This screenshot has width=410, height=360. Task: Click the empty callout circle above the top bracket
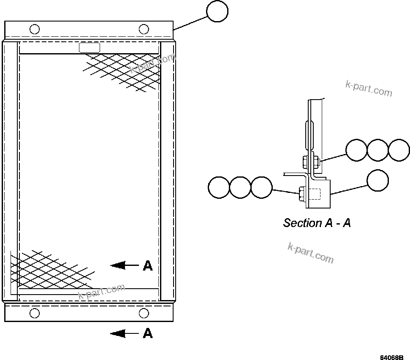217,11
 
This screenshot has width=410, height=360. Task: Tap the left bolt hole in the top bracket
35,29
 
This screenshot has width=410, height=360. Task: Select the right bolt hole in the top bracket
144,29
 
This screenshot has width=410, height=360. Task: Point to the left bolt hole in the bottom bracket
35,313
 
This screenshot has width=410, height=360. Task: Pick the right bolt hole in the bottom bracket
144,313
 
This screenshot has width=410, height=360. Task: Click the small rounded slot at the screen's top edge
90,48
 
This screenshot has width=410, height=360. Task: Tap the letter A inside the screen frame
147,265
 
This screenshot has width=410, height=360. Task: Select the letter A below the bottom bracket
147,333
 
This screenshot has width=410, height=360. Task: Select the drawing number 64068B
392,357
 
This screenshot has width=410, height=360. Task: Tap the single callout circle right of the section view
377,180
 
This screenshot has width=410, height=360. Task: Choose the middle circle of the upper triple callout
377,150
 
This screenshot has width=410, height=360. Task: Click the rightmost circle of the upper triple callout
399,150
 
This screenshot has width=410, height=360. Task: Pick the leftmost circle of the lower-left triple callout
219,187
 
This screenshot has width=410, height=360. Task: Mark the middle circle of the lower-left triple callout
240,187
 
